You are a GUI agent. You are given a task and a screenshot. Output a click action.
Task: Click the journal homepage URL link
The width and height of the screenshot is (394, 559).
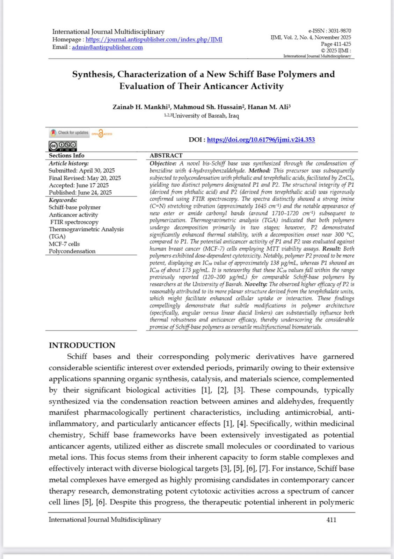[154, 39]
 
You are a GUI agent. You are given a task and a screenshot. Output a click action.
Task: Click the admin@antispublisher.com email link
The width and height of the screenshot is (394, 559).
[107, 47]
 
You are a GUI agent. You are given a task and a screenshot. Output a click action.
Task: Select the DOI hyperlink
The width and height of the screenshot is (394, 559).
[261, 140]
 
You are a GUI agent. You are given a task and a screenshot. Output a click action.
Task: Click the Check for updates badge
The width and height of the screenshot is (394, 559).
[70, 133]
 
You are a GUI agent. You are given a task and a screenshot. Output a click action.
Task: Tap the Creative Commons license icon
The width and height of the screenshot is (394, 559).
[63, 145]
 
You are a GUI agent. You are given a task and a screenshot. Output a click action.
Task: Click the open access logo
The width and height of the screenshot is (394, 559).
[102, 133]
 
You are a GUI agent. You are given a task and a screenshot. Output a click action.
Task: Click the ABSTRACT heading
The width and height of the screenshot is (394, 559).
[166, 155]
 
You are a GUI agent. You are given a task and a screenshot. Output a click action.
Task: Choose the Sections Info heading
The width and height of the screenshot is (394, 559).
[66, 155]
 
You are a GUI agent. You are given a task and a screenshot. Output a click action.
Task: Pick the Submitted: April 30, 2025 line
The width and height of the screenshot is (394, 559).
[81, 170]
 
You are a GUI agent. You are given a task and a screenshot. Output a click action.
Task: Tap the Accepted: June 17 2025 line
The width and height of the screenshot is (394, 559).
[79, 185]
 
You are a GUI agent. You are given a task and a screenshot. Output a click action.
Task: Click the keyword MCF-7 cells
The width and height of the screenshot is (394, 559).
[64, 244]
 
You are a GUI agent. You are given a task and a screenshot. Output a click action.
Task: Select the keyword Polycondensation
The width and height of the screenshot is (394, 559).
[72, 251]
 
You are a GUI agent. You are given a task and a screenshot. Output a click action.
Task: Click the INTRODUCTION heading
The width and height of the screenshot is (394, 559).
[82, 345]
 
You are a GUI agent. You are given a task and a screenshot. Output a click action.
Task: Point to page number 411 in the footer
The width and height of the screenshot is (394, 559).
[331, 520]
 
